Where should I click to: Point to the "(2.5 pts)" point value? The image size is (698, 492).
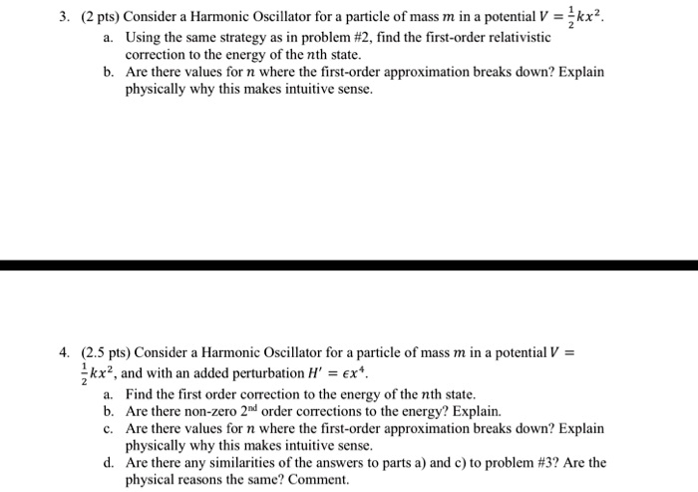click(x=105, y=351)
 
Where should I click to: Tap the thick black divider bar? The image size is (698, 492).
click(x=349, y=265)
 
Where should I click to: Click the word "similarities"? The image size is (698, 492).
click(x=234, y=462)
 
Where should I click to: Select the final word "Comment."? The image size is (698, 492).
click(x=320, y=479)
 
